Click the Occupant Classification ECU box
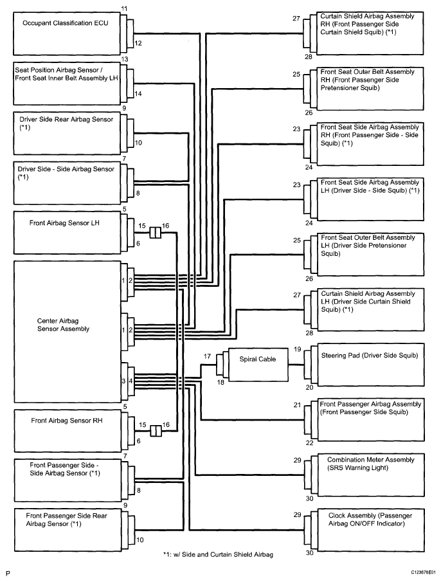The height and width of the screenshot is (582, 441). (x=67, y=34)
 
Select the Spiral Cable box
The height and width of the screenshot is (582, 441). (x=258, y=365)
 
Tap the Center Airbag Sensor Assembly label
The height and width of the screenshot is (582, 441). (x=63, y=325)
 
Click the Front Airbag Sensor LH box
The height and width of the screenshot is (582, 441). (x=67, y=232)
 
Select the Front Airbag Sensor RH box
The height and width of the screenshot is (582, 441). (x=67, y=431)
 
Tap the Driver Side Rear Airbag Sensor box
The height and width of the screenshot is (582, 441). (x=67, y=132)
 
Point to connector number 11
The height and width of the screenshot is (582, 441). (x=124, y=8)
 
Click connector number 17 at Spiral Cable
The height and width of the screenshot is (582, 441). (x=207, y=356)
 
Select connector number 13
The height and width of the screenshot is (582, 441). (x=125, y=59)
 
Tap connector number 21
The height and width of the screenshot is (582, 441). (x=297, y=405)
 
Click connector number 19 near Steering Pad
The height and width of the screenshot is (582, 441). (x=298, y=349)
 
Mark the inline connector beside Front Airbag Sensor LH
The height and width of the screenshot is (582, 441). (x=156, y=233)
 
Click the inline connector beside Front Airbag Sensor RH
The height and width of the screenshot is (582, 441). (x=156, y=431)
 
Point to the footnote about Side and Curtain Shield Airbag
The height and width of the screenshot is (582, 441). (x=218, y=554)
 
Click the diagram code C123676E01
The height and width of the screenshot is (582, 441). (x=423, y=574)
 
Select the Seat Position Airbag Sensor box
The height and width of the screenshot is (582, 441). (x=67, y=84)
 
